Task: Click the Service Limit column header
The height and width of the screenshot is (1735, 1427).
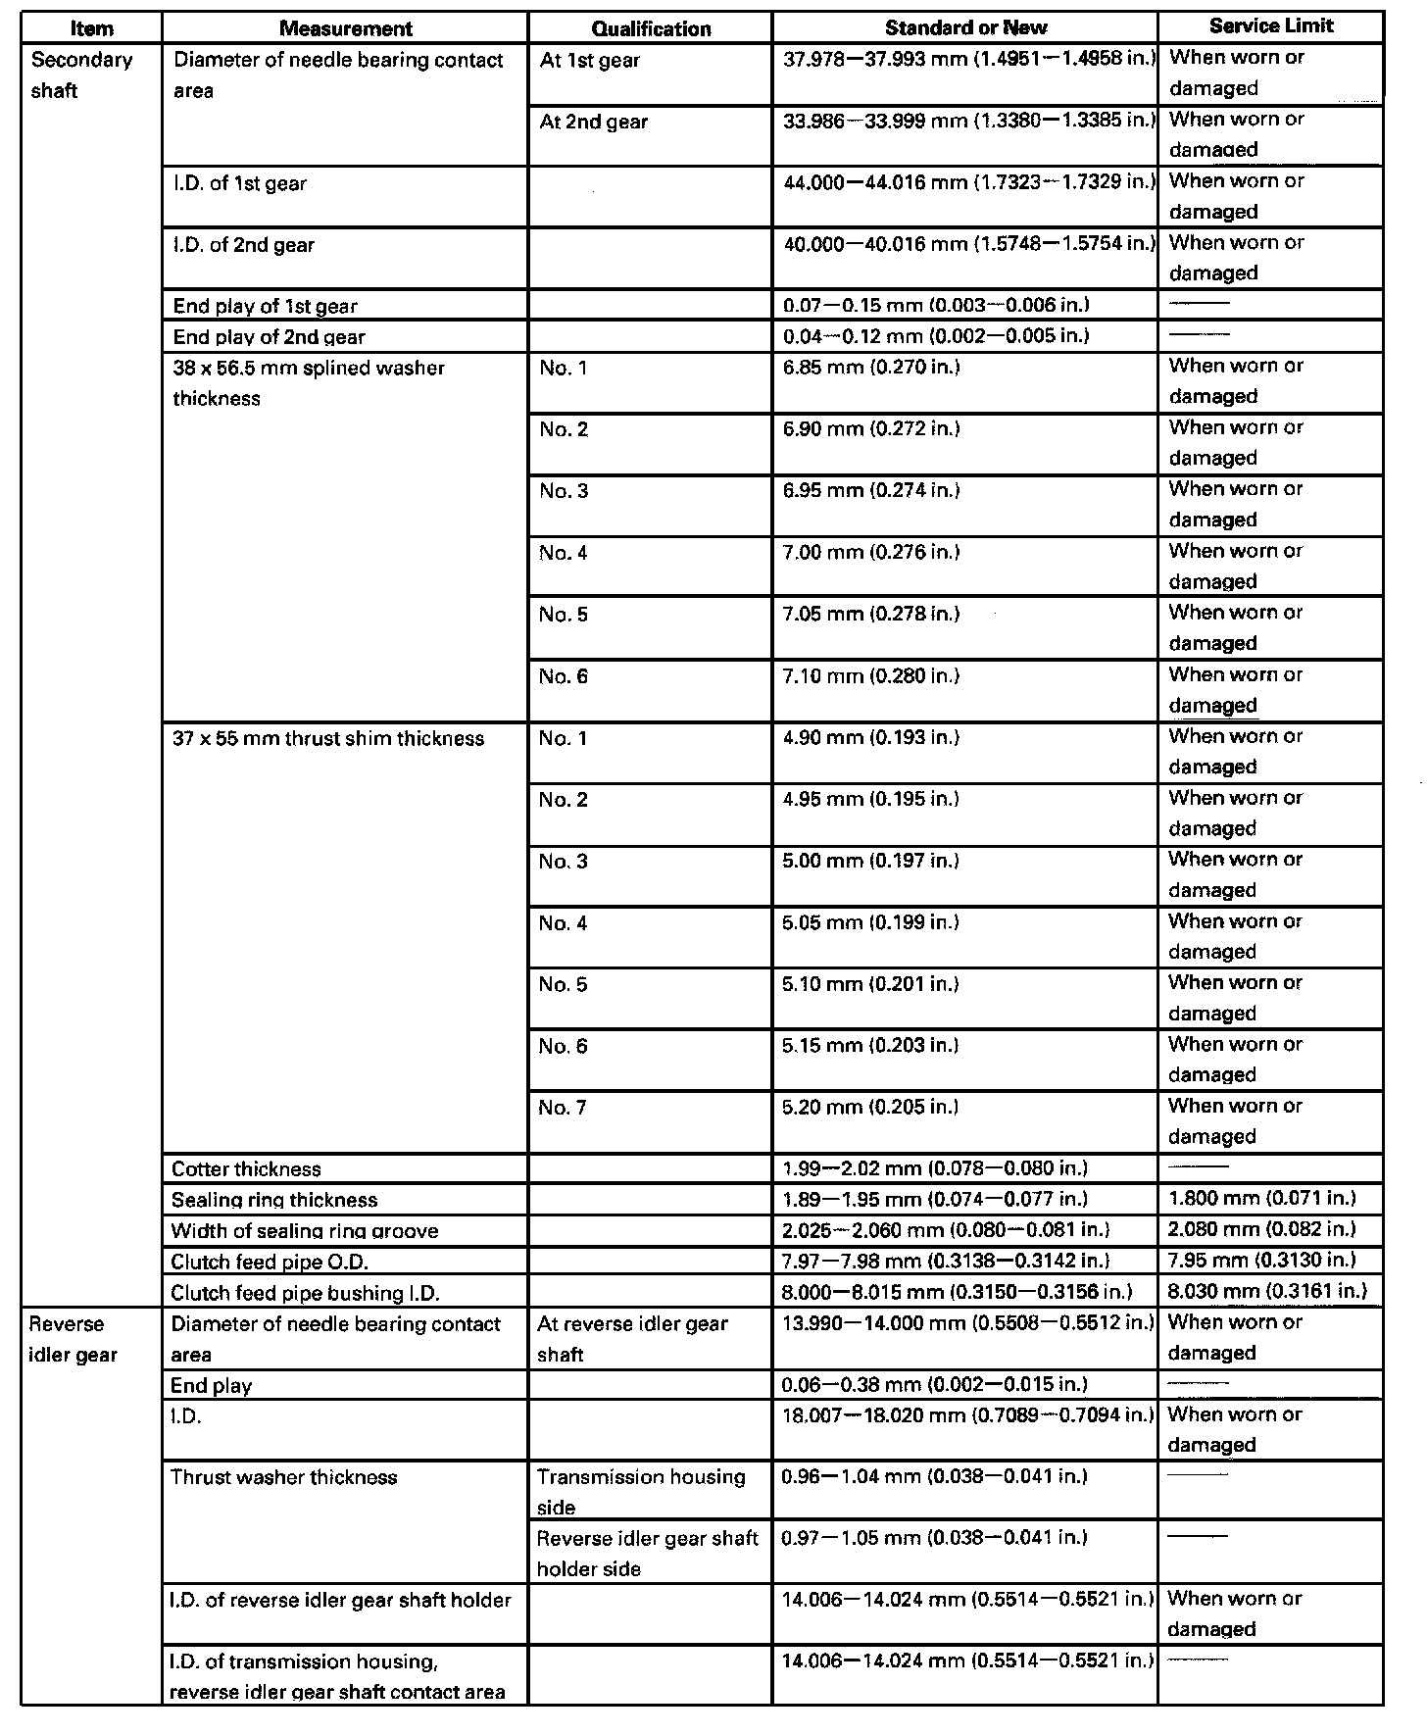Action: [x=1271, y=26]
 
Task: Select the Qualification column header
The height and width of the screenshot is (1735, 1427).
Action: [x=651, y=28]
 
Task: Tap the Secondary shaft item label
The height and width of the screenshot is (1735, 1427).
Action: [x=81, y=74]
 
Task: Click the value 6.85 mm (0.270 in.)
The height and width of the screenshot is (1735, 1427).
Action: [x=870, y=367]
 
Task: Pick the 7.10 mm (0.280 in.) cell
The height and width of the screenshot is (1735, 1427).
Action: [x=870, y=675]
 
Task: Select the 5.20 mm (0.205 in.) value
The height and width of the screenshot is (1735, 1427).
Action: [x=869, y=1107]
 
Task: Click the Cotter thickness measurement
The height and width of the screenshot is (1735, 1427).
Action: [x=246, y=1168]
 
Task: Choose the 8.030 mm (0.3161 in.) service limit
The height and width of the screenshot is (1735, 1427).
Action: [x=1267, y=1290]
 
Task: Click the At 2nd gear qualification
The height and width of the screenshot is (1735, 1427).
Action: [x=593, y=122]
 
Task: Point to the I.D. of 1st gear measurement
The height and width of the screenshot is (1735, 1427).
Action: [x=239, y=183]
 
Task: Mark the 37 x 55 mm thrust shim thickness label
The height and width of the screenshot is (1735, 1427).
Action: [x=327, y=738]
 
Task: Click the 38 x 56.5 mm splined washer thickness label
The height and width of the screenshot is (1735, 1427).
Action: [x=308, y=382]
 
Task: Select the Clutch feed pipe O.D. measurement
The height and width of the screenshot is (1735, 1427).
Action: [x=270, y=1262]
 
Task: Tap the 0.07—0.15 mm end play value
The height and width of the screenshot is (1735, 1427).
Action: [x=936, y=305]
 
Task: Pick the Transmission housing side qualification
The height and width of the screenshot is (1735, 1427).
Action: [x=640, y=1491]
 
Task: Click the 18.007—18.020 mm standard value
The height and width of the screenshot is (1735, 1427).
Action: [x=965, y=1414]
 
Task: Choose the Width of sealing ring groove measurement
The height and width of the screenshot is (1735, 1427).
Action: [x=304, y=1230]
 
